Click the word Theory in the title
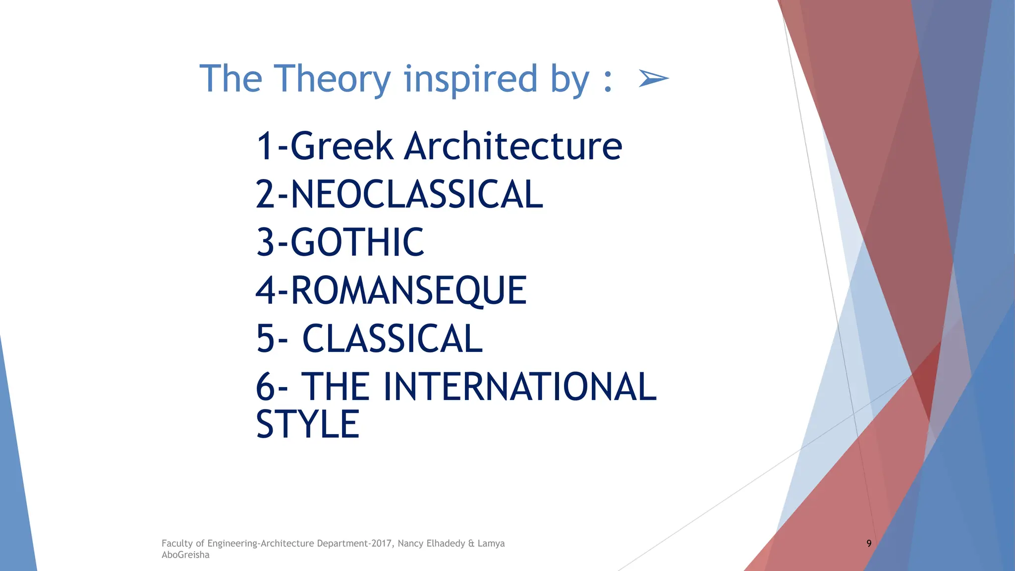333,79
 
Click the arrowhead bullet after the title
653,78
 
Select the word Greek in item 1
341,146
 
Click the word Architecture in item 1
513,146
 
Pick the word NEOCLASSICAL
416,194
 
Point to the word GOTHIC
357,242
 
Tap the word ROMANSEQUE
408,291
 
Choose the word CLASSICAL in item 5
392,339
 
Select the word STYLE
308,425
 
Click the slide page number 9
869,543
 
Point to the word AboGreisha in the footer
185,555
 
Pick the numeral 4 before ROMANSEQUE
265,291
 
